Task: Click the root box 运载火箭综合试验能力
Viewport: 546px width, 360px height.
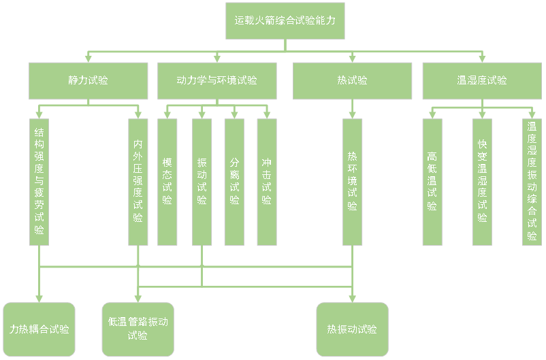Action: (x=285, y=21)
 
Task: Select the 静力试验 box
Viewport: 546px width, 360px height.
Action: (x=89, y=80)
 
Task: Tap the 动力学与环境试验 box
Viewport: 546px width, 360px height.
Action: (x=217, y=80)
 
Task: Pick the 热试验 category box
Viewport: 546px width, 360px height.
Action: (x=352, y=80)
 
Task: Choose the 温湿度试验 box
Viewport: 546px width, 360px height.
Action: (x=482, y=80)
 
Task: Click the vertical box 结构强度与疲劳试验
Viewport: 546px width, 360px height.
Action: (x=39, y=182)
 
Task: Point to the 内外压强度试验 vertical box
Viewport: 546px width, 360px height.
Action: (x=138, y=182)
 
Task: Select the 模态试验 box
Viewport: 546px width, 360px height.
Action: (x=167, y=182)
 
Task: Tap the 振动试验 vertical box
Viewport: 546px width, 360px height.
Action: (x=202, y=182)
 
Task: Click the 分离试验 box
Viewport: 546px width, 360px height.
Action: (x=234, y=182)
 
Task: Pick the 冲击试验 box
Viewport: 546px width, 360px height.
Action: (x=267, y=182)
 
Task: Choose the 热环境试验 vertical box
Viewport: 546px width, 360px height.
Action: (x=352, y=182)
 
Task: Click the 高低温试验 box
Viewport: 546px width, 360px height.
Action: (x=432, y=182)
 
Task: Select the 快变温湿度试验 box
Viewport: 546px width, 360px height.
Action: (x=482, y=182)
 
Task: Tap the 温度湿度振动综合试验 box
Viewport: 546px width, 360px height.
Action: (x=532, y=182)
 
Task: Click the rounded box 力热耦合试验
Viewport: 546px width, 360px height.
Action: (x=39, y=329)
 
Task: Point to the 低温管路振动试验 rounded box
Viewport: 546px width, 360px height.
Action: (x=138, y=329)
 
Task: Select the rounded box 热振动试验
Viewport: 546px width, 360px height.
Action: (x=352, y=329)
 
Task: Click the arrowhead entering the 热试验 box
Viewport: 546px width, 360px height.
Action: (x=352, y=59)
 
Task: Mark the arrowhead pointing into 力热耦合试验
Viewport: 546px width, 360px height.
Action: (x=39, y=298)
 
